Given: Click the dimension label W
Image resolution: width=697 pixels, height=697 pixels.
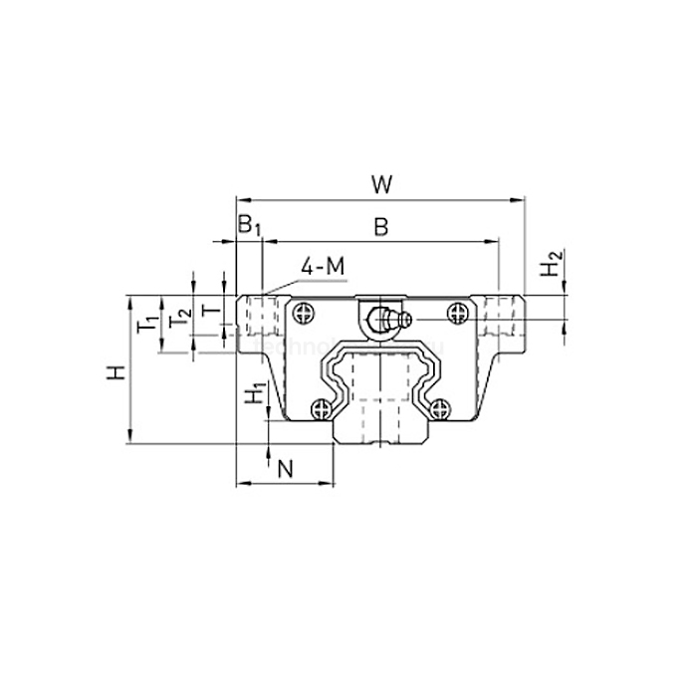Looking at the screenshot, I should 379,184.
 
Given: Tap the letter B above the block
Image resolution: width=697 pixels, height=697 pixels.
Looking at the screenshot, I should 380,228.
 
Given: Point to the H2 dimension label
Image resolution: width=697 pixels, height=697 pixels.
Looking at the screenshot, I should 550,267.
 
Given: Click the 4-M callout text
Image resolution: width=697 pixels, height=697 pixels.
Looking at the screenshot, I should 323,266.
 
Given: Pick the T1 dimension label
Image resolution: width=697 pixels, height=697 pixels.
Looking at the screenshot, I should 146,322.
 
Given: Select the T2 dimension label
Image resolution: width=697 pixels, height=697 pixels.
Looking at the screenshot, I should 180,319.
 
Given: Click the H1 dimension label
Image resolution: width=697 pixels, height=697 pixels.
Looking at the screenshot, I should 256,394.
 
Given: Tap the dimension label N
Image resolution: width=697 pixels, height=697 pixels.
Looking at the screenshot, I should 284,468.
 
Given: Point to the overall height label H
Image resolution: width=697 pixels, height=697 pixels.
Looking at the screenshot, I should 117,372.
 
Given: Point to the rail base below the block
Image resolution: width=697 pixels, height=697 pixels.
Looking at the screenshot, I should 379,433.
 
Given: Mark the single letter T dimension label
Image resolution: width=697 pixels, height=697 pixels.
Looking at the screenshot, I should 208,311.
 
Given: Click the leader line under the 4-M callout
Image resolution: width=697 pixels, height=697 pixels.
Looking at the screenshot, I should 284,285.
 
